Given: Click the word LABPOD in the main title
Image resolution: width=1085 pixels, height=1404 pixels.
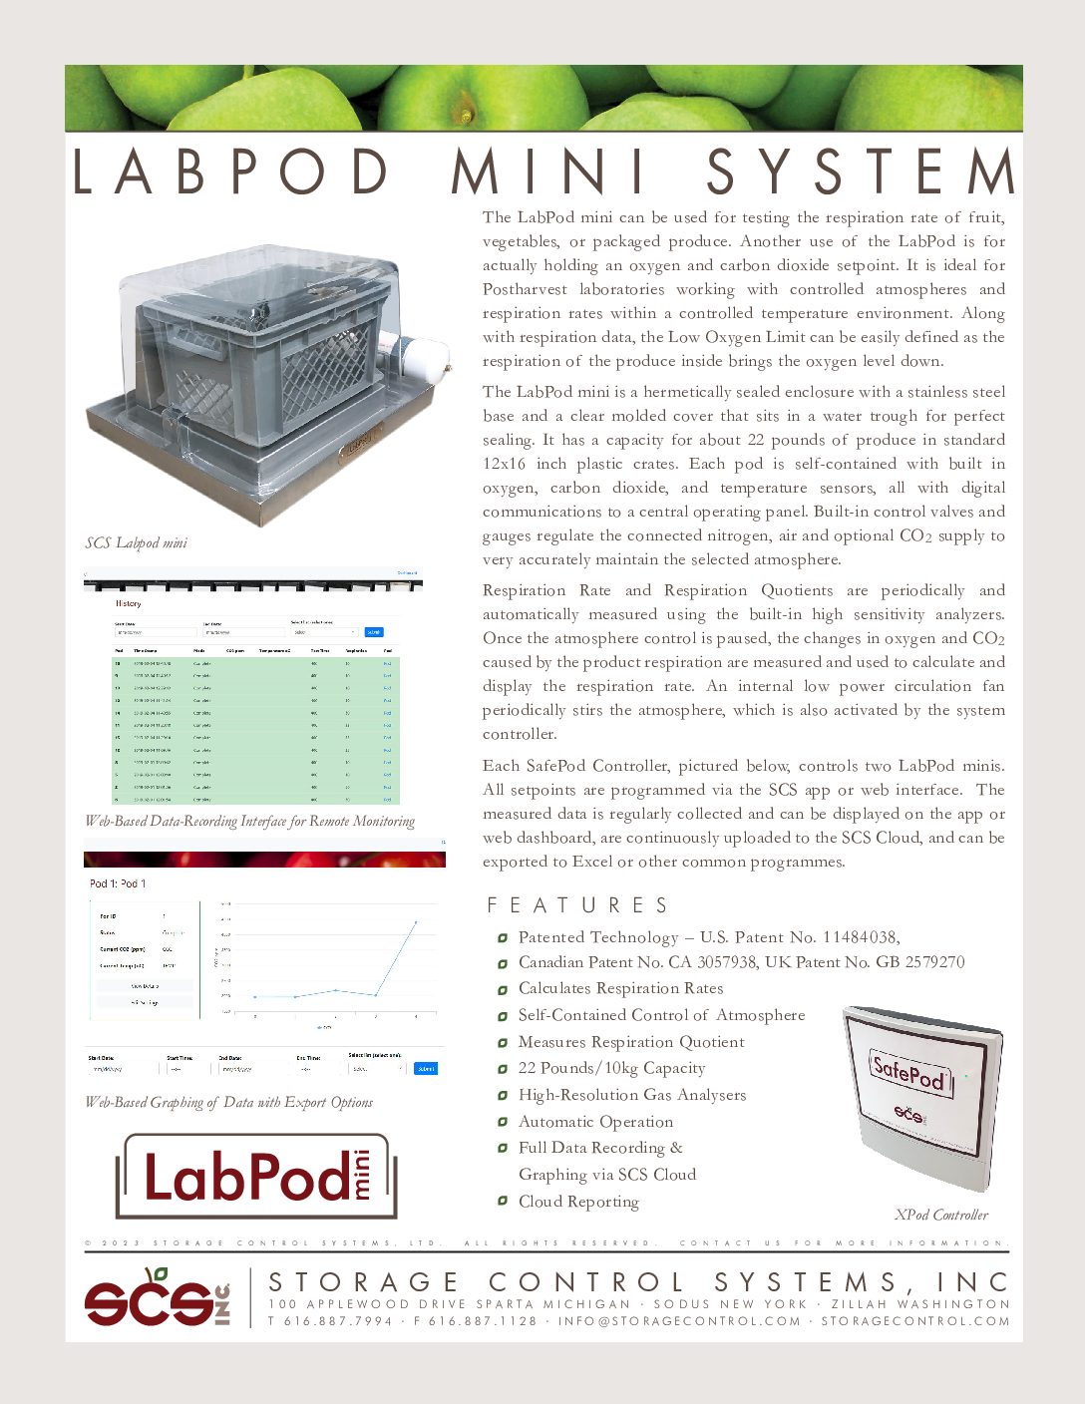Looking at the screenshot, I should tap(232, 172).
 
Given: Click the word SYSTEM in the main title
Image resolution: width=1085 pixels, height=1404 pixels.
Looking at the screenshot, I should tap(861, 172).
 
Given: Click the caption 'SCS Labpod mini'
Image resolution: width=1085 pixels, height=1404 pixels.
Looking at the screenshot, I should tap(137, 543).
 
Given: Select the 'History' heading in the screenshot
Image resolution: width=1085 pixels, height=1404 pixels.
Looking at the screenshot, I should tap(129, 603).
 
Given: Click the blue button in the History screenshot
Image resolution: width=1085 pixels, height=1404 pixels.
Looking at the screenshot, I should tap(373, 632).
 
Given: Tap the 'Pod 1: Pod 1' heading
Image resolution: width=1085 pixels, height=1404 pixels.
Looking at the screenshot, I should tap(118, 883).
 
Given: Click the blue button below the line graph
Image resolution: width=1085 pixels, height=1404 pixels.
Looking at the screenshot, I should tap(426, 1068).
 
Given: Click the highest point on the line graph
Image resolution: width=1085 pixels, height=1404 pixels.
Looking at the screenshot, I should tap(416, 922).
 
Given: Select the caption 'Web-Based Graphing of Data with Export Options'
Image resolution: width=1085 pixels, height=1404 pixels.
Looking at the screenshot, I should tap(229, 1103).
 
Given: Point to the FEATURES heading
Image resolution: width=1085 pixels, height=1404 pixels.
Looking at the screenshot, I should tap(577, 905).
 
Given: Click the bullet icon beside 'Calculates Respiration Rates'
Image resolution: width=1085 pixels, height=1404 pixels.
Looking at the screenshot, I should tap(503, 989).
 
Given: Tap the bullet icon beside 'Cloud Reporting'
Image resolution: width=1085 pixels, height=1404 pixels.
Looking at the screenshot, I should tap(503, 1202).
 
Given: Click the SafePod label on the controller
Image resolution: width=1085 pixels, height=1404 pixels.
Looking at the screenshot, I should tap(908, 1072).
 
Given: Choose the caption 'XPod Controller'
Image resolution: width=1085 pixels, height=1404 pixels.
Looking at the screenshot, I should tap(941, 1215).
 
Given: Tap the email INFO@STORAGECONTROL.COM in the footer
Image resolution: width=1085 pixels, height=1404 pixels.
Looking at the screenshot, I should tap(679, 1321).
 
